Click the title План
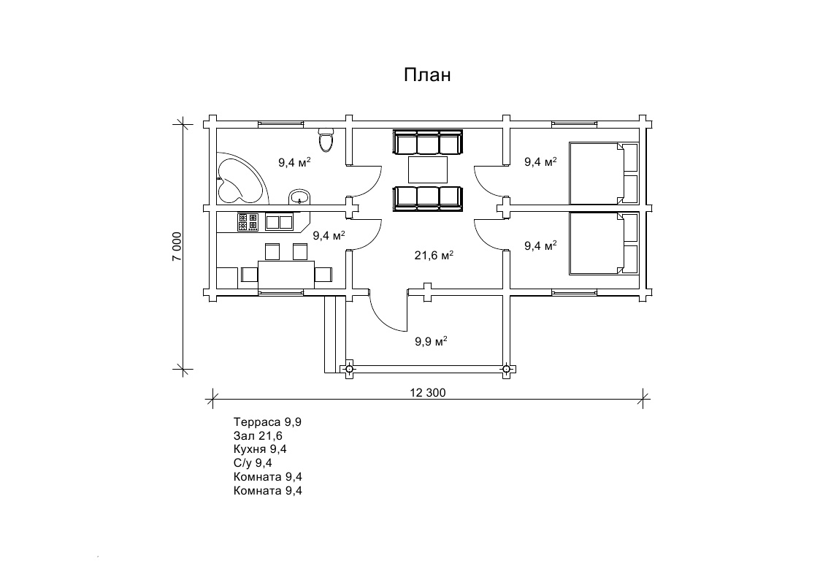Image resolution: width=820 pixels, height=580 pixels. (426, 75)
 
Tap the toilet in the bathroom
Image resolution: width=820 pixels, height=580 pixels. (326, 139)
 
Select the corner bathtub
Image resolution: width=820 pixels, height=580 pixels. (240, 180)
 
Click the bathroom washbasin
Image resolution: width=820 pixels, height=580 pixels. (299, 196)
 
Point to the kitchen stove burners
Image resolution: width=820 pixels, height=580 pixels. (248, 222)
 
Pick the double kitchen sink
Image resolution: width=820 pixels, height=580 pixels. (279, 222)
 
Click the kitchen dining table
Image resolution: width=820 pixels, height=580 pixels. (286, 275)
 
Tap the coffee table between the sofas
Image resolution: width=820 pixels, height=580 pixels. (428, 169)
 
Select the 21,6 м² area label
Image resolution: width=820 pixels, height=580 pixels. (434, 255)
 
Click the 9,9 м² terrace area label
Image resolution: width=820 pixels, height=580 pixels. (431, 342)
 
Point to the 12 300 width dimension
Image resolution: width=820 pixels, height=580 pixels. (428, 393)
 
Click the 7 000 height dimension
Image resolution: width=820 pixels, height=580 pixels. (177, 247)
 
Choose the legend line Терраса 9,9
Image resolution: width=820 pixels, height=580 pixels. (267, 422)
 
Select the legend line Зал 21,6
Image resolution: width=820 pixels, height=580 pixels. (258, 435)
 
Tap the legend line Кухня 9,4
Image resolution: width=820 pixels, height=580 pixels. (260, 449)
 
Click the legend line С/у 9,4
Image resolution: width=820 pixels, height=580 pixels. (253, 463)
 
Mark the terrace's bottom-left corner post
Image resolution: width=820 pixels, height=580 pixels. (349, 369)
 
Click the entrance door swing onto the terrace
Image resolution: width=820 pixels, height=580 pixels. (386, 315)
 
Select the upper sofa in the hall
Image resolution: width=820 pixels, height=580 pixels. (428, 142)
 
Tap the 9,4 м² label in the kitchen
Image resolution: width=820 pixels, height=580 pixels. (329, 235)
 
